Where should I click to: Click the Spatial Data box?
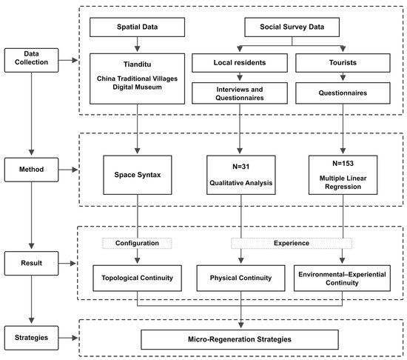point(137,27)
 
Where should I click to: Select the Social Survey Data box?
point(292,27)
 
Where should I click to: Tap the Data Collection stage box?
point(31,60)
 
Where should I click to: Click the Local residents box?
point(240,63)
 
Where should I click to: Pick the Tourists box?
point(343,63)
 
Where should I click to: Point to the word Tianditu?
point(137,64)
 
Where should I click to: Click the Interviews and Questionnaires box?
point(240,93)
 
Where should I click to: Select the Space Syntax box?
point(138,175)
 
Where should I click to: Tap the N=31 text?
point(241,167)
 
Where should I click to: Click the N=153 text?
point(343,164)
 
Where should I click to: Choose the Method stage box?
point(31,170)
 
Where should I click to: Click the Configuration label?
point(137,243)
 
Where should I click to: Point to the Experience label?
point(292,243)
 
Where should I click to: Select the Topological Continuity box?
point(137,278)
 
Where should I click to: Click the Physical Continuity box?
point(240,278)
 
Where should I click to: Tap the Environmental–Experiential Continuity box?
point(342,278)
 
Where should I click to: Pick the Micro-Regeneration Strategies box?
point(240,339)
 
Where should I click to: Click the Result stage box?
point(31,263)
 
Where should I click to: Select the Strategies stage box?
point(31,338)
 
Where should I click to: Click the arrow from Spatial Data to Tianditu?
point(138,44)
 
